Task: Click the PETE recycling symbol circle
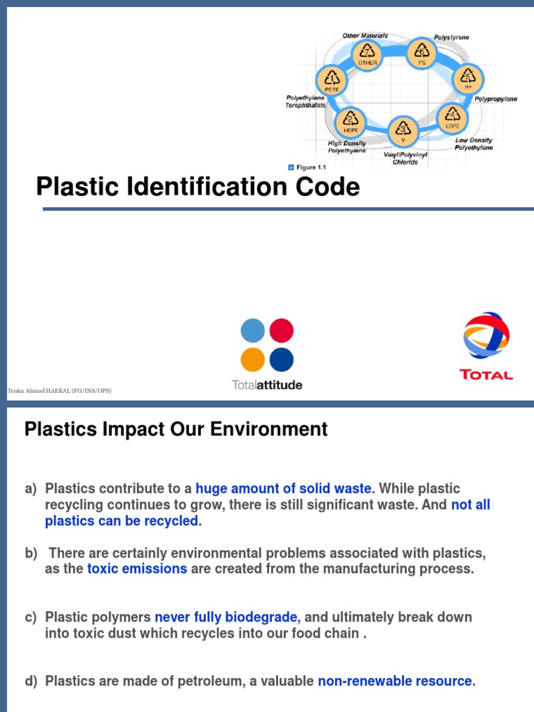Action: [332, 81]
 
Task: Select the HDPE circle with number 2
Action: [351, 122]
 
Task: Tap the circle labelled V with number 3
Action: [403, 130]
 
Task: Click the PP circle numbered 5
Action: [469, 79]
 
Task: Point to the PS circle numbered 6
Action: [421, 53]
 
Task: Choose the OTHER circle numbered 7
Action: [367, 54]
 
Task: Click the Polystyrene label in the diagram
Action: [451, 36]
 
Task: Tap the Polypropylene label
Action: [496, 99]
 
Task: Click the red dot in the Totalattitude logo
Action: [281, 330]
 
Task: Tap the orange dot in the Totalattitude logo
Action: [252, 359]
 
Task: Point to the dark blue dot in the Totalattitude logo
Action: [281, 359]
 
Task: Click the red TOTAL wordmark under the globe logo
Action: [487, 375]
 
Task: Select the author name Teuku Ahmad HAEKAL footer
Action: [59, 391]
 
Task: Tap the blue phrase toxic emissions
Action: [137, 569]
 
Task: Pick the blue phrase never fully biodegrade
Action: [226, 617]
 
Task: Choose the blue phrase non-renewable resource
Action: [395, 681]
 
